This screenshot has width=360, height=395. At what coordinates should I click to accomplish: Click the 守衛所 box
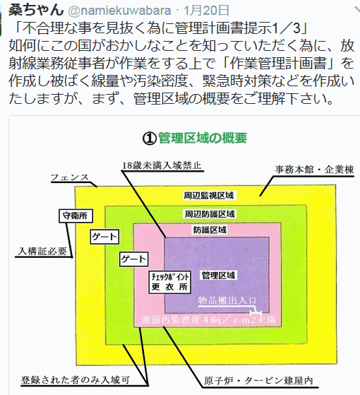pyautogui.click(x=76, y=216)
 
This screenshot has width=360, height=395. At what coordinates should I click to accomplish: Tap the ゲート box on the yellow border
pyautogui.click(x=104, y=237)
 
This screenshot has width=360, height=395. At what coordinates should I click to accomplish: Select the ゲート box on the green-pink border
pyautogui.click(x=133, y=259)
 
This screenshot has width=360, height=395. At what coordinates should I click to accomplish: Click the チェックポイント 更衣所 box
pyautogui.click(x=170, y=282)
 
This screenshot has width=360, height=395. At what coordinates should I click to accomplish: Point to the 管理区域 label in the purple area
pyautogui.click(x=218, y=276)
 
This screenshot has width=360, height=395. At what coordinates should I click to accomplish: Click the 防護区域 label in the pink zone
pyautogui.click(x=210, y=230)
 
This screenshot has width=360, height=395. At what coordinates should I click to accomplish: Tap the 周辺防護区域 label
pyautogui.click(x=210, y=214)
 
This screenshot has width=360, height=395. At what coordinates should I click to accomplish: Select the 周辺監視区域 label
pyautogui.click(x=208, y=195)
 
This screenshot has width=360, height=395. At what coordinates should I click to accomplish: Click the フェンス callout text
pyautogui.click(x=70, y=177)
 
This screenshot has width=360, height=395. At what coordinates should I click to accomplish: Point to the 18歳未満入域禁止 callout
pyautogui.click(x=162, y=165)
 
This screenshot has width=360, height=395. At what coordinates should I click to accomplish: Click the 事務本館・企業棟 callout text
pyautogui.click(x=314, y=170)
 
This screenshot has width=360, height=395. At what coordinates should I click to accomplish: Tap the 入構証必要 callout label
pyautogui.click(x=42, y=251)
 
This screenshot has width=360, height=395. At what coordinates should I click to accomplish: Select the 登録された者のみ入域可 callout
pyautogui.click(x=76, y=380)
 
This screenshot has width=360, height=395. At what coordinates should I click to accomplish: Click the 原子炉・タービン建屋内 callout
pyautogui.click(x=258, y=381)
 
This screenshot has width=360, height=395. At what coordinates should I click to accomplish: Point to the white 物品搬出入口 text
pyautogui.click(x=227, y=300)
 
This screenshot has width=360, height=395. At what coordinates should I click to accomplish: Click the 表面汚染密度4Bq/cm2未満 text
pyautogui.click(x=208, y=319)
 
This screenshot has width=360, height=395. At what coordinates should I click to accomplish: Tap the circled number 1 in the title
pyautogui.click(x=150, y=138)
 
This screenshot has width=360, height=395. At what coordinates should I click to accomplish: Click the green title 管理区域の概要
pyautogui.click(x=203, y=138)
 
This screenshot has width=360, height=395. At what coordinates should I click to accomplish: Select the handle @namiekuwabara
pyautogui.click(x=120, y=11)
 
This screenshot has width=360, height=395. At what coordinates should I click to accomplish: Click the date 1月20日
pyautogui.click(x=206, y=11)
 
